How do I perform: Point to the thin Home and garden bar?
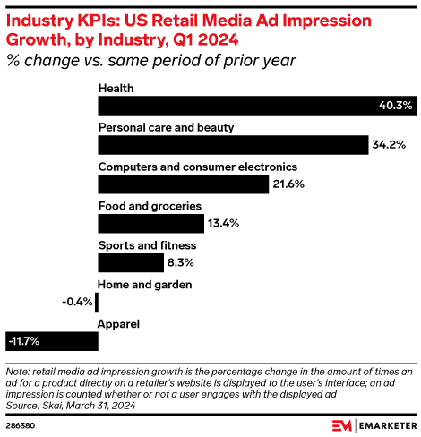[x=97, y=302]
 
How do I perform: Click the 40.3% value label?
[x=395, y=106]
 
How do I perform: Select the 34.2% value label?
[x=388, y=145]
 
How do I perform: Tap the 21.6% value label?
[x=289, y=184]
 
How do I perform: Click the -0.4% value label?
[x=78, y=302]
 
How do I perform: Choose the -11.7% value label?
[x=23, y=340]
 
